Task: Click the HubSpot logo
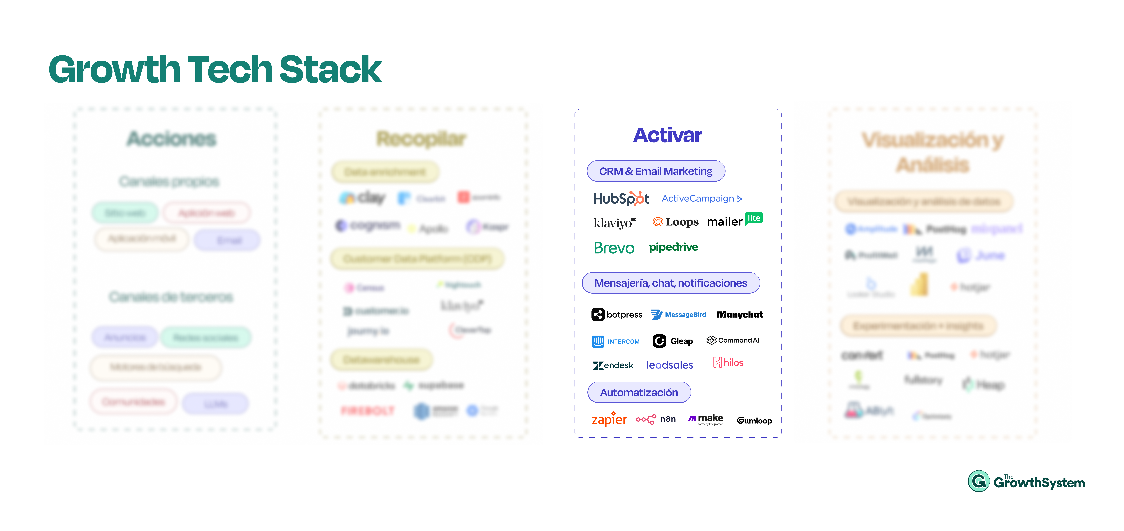pos(620,199)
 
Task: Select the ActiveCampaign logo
pos(701,199)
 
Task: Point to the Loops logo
pos(675,222)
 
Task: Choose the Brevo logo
pos(614,248)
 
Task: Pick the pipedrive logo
pos(673,247)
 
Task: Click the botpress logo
pos(617,315)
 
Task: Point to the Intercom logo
pos(616,341)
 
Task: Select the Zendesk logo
pos(613,365)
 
